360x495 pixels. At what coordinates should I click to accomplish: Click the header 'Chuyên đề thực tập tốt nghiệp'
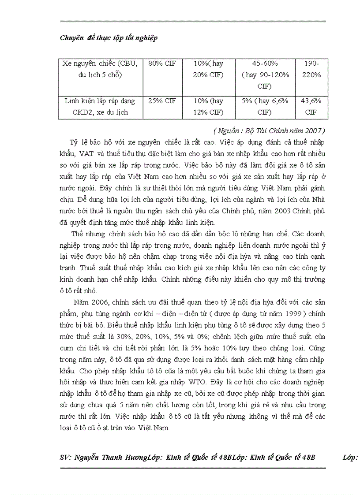click(109, 38)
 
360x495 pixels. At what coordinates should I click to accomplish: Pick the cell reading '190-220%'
click(312, 69)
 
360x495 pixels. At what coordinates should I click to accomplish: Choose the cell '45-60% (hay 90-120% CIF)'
click(264, 75)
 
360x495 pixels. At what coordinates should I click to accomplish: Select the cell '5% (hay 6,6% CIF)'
click(264, 107)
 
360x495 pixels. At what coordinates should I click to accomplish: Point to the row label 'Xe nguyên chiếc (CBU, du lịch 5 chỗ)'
click(100, 69)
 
